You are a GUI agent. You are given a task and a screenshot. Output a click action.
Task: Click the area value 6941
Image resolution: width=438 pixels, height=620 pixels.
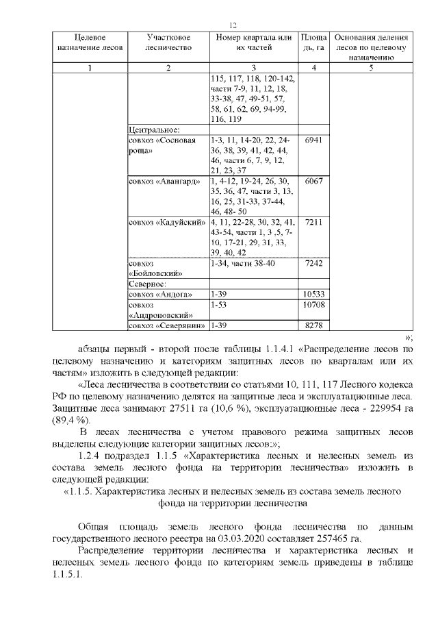click(314, 140)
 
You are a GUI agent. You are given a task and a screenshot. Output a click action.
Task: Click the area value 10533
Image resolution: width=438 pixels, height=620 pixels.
click(314, 294)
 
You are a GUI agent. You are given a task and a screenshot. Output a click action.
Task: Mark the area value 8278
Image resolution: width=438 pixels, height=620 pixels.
click(314, 325)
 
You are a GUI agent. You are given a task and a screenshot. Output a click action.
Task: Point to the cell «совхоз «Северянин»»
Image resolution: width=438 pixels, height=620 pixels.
click(168, 325)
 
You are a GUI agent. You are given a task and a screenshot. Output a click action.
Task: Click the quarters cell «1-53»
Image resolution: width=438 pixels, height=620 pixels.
click(220, 304)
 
